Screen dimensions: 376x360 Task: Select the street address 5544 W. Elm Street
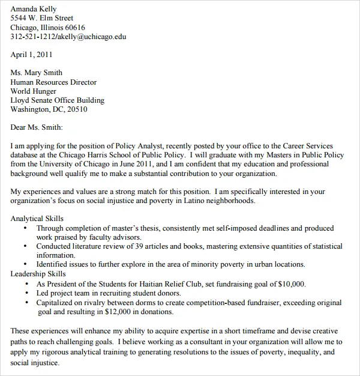[x=42, y=18]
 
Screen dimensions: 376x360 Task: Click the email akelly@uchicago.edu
[x=92, y=37]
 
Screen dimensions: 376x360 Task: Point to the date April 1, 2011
[x=32, y=55]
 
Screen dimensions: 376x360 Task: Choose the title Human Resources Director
[x=53, y=82]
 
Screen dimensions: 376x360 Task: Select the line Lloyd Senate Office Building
[x=58, y=100]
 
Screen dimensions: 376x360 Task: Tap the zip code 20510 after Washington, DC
[x=77, y=109]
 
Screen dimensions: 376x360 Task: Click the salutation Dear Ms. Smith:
[x=37, y=127]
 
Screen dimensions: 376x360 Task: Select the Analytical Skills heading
[x=37, y=219]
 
